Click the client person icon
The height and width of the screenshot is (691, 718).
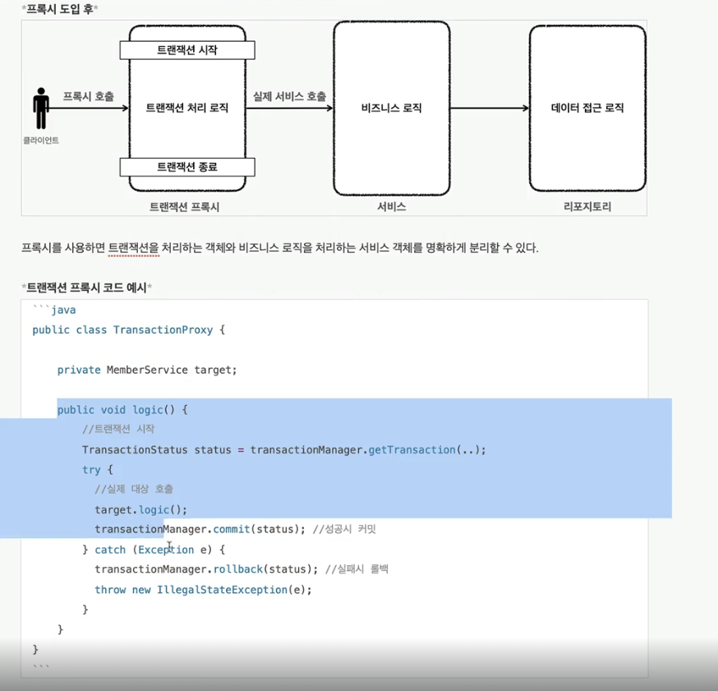click(41, 108)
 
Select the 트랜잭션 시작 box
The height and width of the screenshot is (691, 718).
click(187, 50)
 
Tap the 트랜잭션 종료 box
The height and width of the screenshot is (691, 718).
click(187, 167)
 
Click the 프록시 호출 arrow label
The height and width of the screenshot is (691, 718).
click(89, 97)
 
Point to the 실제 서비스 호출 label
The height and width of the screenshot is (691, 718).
click(289, 97)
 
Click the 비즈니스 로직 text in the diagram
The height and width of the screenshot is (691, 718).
click(391, 108)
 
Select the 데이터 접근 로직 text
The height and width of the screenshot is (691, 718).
click(587, 108)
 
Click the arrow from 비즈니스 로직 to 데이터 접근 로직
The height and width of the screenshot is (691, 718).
click(490, 108)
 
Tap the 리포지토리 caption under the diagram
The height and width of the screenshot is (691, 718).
click(587, 208)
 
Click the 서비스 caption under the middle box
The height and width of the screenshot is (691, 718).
click(391, 208)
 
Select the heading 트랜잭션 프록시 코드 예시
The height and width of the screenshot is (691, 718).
click(86, 288)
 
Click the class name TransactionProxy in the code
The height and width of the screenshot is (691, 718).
click(163, 330)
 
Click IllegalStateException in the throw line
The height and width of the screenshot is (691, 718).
click(219, 590)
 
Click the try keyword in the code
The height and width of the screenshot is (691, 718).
click(91, 470)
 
